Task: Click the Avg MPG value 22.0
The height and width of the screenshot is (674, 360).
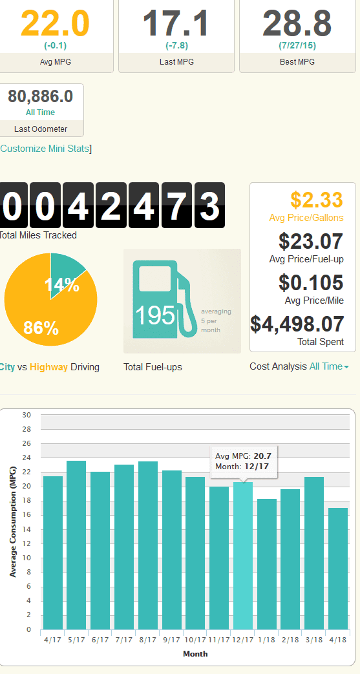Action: [55, 23]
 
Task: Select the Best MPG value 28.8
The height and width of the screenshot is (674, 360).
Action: [297, 23]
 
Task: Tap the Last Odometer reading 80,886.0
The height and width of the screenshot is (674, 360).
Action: [41, 97]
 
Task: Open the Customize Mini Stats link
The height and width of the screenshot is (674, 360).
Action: [45, 149]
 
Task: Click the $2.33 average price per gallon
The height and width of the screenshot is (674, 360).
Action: [317, 200]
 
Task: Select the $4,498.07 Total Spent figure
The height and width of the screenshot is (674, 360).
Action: [297, 324]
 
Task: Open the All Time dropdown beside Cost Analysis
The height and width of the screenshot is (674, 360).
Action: [329, 366]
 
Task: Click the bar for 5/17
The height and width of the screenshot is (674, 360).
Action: [76, 545]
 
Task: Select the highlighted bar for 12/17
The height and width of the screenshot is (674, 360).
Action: [243, 556]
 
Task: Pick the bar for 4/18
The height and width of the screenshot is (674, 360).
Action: [338, 569]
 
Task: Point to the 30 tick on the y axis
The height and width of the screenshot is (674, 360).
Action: [26, 415]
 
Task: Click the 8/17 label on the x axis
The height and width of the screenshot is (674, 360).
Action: [147, 640]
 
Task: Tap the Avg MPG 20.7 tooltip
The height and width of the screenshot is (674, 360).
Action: [244, 461]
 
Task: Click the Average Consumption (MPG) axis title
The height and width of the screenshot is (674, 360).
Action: [12, 521]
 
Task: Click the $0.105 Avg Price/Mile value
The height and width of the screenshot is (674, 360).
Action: [311, 282]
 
